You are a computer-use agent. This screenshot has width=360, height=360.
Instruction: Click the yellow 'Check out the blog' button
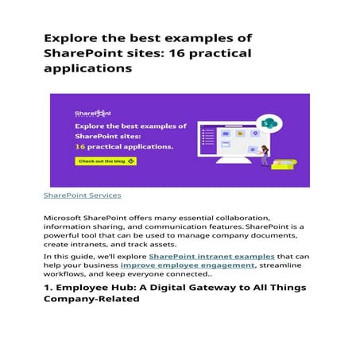(106, 161)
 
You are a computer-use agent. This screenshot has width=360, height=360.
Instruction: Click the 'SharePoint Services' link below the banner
(83, 195)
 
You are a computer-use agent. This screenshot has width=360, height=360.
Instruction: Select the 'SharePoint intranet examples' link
(211, 257)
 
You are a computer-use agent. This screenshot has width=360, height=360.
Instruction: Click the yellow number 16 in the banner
(80, 147)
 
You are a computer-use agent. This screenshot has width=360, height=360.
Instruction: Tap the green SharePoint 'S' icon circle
(269, 123)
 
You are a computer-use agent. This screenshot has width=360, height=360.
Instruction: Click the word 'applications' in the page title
(87, 68)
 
